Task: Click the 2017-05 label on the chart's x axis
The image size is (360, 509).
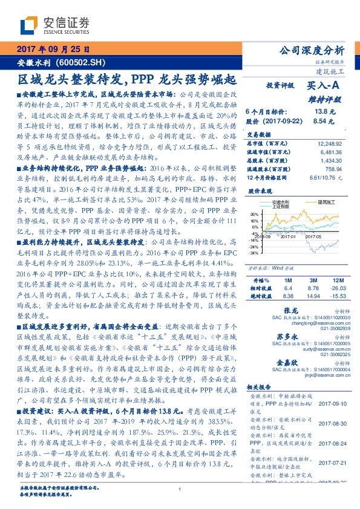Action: coord(313,254)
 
